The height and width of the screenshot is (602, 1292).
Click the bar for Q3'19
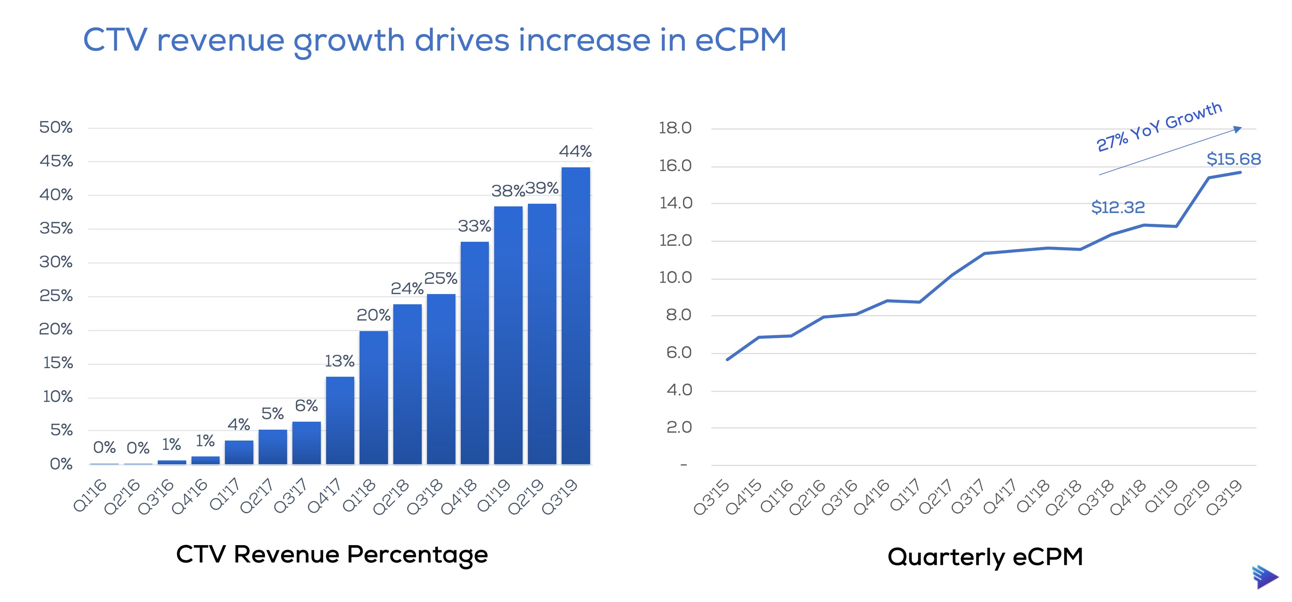[575, 316]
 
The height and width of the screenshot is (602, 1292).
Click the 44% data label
[575, 151]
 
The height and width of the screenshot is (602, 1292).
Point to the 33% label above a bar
[474, 226]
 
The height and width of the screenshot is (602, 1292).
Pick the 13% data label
[339, 361]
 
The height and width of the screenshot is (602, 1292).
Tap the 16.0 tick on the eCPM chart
[675, 166]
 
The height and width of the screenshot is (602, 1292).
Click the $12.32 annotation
[1118, 207]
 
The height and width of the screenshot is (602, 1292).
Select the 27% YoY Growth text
[1158, 127]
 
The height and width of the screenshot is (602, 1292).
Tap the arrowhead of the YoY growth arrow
[1237, 130]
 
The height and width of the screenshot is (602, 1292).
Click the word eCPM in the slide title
[740, 40]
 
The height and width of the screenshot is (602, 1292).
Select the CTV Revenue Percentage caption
[332, 555]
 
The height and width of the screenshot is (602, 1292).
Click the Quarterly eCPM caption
[985, 557]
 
